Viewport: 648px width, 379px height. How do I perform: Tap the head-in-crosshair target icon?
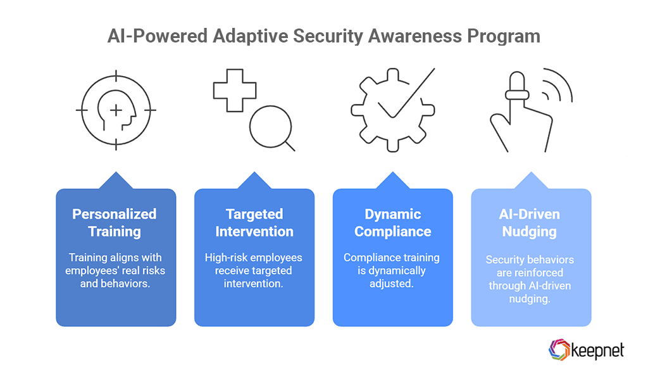116,111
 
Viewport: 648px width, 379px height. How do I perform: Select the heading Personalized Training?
115,222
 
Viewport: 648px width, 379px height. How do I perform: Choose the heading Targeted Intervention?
254,222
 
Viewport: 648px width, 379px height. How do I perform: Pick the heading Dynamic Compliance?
392,222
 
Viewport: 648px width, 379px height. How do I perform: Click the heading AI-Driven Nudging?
530,222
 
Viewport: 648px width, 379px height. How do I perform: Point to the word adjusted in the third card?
392,283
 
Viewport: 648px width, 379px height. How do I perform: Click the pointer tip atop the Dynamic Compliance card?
392,174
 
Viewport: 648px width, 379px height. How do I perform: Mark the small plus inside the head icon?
116,111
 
